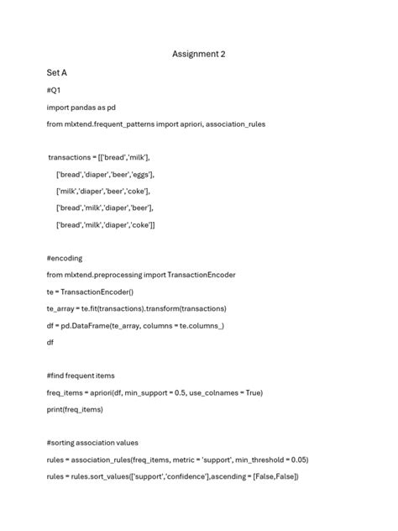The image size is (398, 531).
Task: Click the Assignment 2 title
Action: click(x=199, y=55)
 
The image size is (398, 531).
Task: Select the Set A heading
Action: click(x=56, y=73)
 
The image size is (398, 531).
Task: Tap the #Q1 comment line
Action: click(x=53, y=90)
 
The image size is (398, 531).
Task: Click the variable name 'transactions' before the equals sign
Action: click(x=73, y=157)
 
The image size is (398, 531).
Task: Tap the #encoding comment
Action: click(x=65, y=258)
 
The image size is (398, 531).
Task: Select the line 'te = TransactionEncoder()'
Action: click(x=90, y=292)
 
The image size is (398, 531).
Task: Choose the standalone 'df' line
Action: click(x=50, y=342)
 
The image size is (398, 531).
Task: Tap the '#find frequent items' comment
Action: click(x=81, y=376)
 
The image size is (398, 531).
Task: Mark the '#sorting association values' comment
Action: click(x=92, y=443)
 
